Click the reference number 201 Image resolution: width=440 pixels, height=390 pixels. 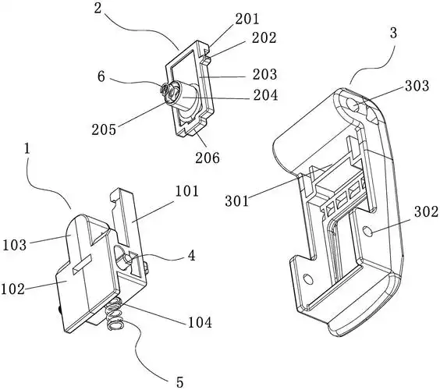coord(247,19)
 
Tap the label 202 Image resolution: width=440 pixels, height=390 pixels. coord(264,38)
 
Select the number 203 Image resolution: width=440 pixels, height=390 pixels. coord(264,74)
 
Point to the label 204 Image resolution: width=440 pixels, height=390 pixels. coord(265,95)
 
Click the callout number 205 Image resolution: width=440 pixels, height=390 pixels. coord(104,129)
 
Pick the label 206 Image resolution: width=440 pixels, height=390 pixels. coord(208,158)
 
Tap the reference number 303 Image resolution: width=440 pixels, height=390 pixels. coord(417,86)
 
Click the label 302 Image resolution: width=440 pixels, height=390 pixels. coord(426,212)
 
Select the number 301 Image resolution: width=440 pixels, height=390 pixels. coord(237,201)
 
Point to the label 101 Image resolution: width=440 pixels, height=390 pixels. coord(187,191)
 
